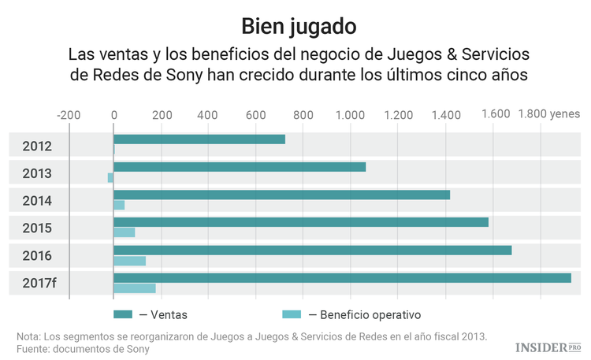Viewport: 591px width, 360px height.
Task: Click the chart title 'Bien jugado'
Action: [x=295, y=26]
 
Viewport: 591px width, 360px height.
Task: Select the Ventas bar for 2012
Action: [x=199, y=139]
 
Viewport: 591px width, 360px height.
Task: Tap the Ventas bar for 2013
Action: [x=240, y=167]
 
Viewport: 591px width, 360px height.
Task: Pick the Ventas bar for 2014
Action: [x=281, y=195]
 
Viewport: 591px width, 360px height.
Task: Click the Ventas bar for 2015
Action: [x=301, y=222]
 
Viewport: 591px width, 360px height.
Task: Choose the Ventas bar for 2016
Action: [x=312, y=250]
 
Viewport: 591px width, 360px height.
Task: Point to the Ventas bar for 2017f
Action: [x=342, y=277]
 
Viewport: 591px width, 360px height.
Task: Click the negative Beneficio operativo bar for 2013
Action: [x=110, y=177]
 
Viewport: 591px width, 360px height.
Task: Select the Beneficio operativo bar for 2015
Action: [x=125, y=232]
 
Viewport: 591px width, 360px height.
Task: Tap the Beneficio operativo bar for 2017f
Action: [x=135, y=288]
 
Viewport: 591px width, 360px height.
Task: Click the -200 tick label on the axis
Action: [x=69, y=114]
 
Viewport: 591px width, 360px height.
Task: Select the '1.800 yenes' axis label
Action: [x=548, y=113]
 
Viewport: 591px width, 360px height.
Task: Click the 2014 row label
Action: [x=37, y=200]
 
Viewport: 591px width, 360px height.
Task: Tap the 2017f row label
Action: [x=39, y=283]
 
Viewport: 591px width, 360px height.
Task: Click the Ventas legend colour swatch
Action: [x=123, y=314]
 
